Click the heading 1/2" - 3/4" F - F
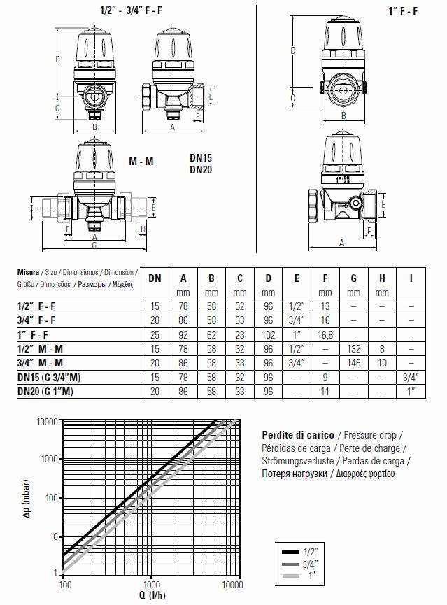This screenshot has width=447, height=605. (131, 10)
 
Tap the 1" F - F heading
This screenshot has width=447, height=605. (403, 10)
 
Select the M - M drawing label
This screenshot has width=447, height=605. (141, 161)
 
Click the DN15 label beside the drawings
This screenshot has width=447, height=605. (201, 157)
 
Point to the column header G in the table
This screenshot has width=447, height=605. (353, 278)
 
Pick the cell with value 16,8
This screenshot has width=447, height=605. (325, 334)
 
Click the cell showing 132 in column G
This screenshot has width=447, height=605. (353, 349)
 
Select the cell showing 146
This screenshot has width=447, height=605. (353, 363)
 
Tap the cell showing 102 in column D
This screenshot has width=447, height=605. (269, 334)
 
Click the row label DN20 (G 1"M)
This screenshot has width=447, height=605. (45, 392)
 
